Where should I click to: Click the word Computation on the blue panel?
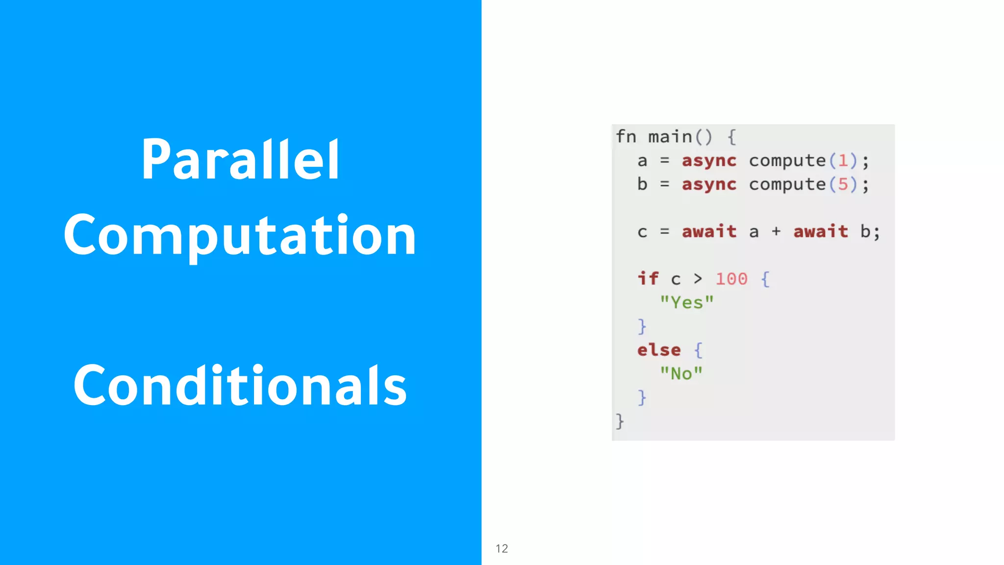(240, 236)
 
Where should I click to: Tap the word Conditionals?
(240, 386)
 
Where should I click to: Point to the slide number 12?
(502, 548)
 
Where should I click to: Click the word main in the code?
(670, 137)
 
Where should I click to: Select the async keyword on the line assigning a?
(709, 161)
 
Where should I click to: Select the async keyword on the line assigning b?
(709, 184)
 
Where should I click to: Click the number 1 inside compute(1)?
(843, 160)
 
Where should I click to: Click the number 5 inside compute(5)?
(843, 184)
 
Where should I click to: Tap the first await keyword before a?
(709, 231)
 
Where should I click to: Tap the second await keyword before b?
(820, 231)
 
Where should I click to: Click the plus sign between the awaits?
(776, 231)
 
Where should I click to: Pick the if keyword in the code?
(648, 278)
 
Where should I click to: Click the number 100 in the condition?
(731, 279)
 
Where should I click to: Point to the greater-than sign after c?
(698, 279)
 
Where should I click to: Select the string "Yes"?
(686, 302)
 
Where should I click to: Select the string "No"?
(681, 373)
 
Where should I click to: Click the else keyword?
(659, 350)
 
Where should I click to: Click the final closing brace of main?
(620, 421)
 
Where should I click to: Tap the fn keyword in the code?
(626, 137)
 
